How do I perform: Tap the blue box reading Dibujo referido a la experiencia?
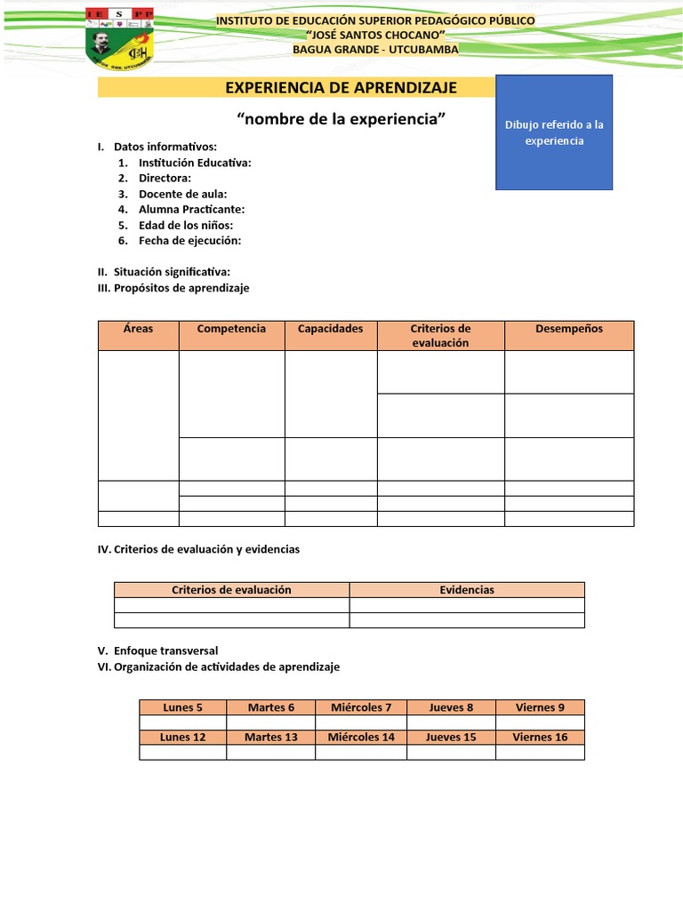coord(553,132)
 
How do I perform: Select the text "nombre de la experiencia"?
coord(341,119)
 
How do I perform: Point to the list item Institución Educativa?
coord(195,163)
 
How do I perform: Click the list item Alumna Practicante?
coord(191,210)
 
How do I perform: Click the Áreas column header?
coord(138,329)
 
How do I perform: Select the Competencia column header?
coord(231,329)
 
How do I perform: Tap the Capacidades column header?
coord(330,329)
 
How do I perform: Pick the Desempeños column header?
coord(569,329)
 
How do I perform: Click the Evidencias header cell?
coord(467,590)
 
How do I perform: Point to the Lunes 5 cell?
coord(182,707)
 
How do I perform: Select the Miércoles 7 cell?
coord(361,707)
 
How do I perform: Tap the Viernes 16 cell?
coord(540,738)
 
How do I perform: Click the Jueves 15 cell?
coord(451,738)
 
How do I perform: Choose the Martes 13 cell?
coord(270,738)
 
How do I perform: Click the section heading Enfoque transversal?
coord(165,651)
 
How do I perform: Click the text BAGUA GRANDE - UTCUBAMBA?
coord(375,50)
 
